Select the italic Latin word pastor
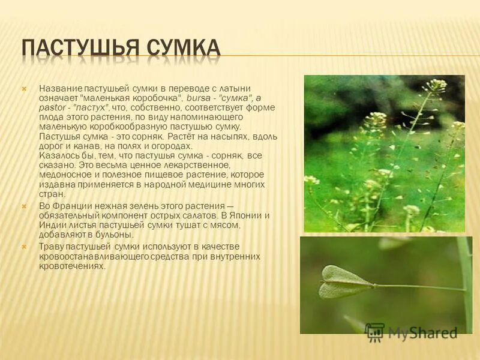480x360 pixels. (x=50, y=107)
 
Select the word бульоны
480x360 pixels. (x=116, y=235)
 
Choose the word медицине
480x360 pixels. (x=214, y=184)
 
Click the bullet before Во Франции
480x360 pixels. (x=25, y=206)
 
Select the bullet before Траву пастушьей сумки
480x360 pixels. (x=25, y=247)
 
